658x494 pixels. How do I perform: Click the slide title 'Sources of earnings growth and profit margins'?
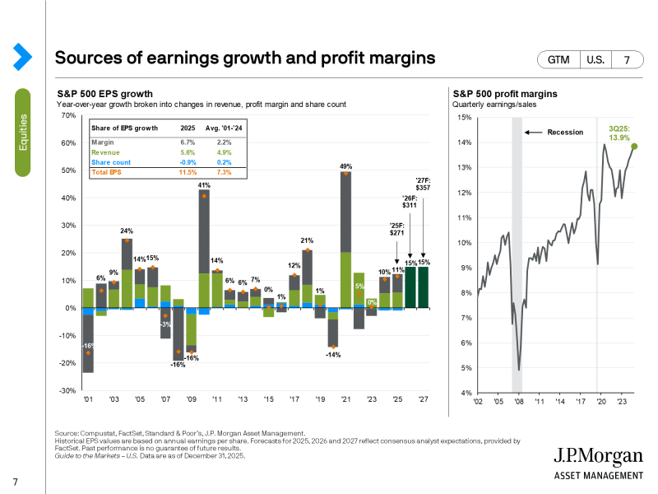click(x=244, y=58)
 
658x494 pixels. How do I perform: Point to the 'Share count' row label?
click(x=111, y=162)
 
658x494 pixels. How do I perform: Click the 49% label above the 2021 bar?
click(x=346, y=167)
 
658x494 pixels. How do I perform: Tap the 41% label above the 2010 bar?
click(x=204, y=186)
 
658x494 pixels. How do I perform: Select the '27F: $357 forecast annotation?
click(x=423, y=184)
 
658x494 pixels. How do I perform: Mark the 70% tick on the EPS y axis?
click(x=68, y=116)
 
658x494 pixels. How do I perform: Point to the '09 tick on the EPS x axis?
click(x=191, y=399)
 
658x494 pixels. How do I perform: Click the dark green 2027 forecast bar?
click(x=423, y=287)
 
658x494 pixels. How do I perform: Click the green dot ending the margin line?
click(x=634, y=147)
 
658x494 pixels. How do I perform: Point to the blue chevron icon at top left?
click(x=22, y=56)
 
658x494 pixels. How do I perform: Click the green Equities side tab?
click(x=22, y=133)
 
